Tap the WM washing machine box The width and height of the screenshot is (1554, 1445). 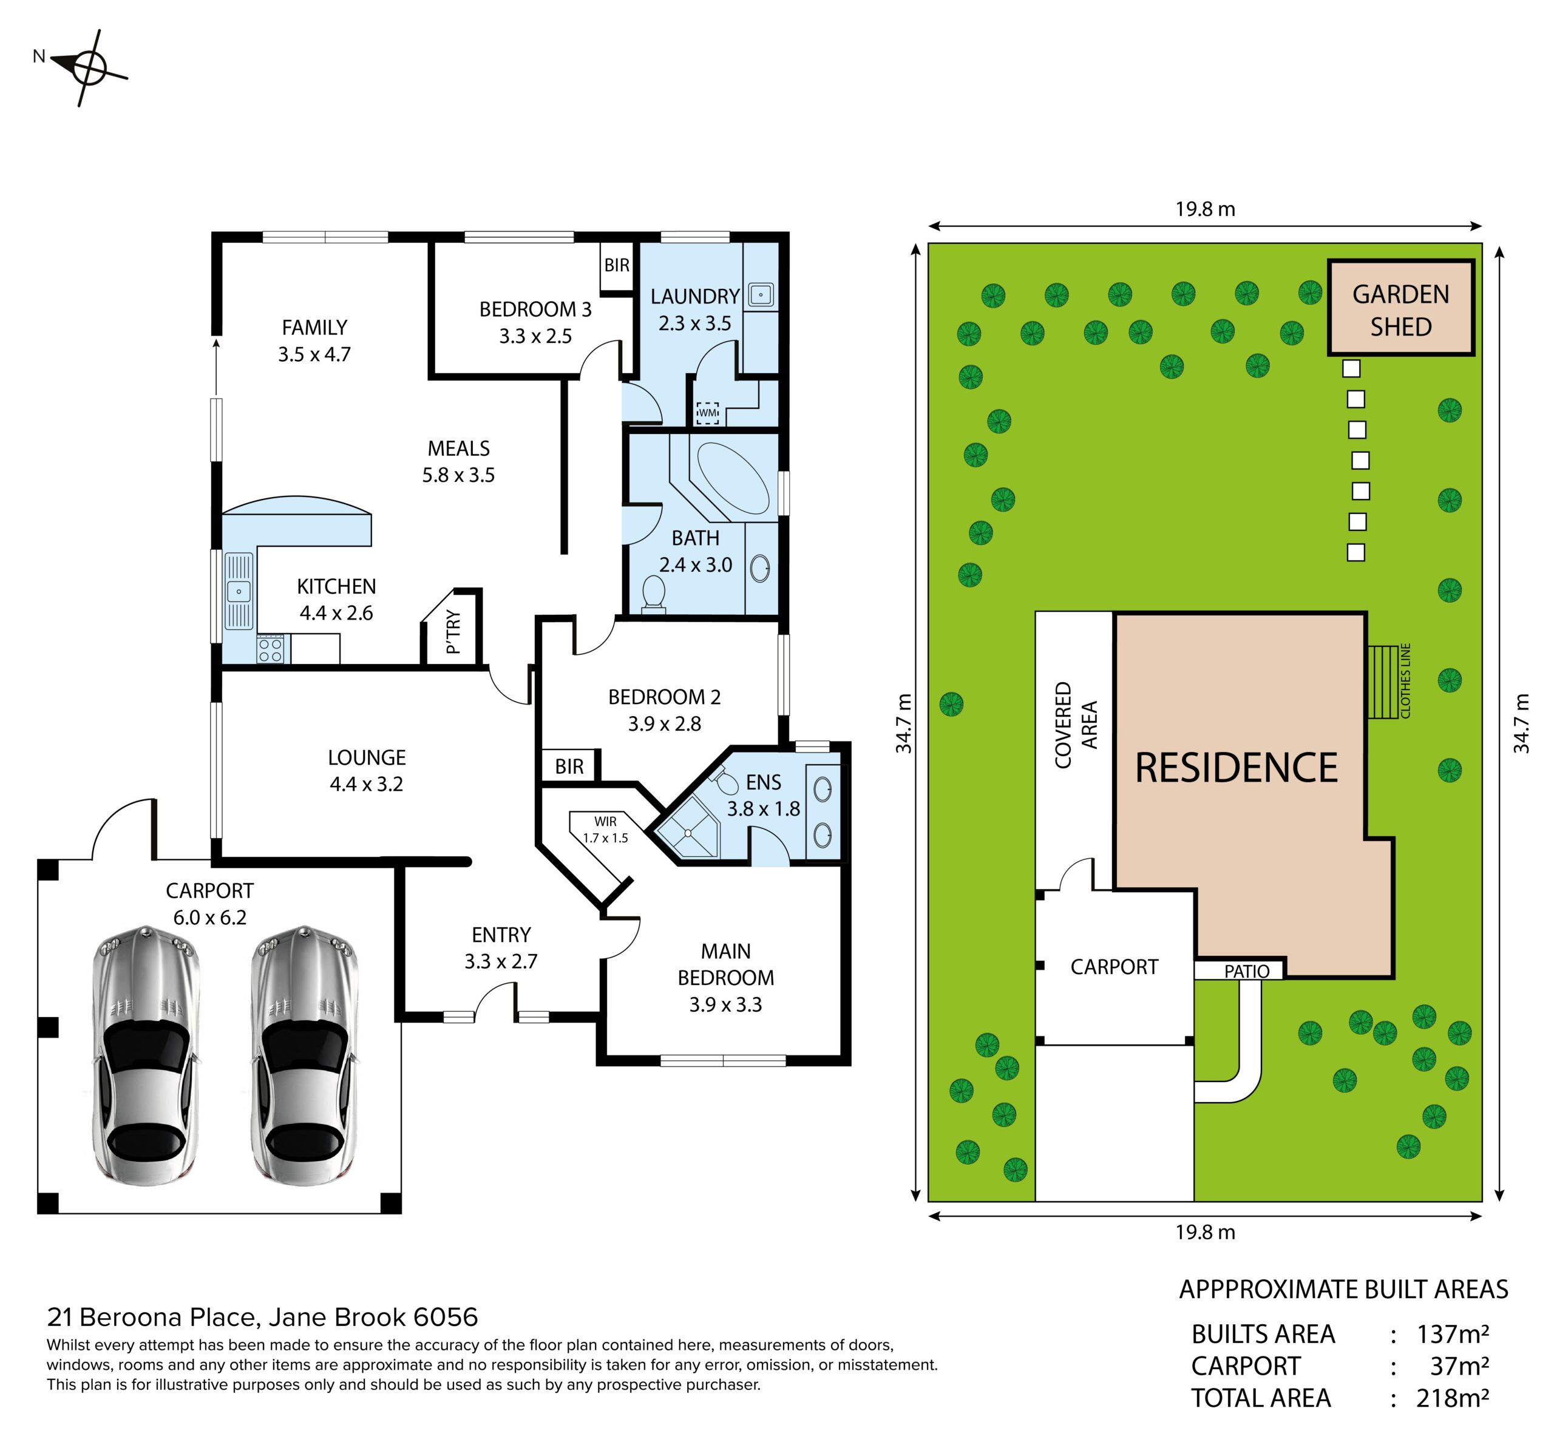click(x=707, y=412)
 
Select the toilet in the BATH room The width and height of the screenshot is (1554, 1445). click(x=653, y=594)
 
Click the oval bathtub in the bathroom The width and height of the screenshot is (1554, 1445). click(x=733, y=478)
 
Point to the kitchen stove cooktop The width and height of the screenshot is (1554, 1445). click(x=271, y=649)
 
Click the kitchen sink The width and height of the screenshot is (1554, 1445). click(x=239, y=591)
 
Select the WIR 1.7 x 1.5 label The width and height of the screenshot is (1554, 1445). click(x=605, y=829)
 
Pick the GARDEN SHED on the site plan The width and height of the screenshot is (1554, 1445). click(x=1401, y=308)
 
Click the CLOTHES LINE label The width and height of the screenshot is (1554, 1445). click(x=1405, y=680)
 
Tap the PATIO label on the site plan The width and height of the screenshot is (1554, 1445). click(x=1247, y=970)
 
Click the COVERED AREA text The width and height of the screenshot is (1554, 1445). click(x=1076, y=725)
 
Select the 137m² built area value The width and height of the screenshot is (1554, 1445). click(x=1453, y=1333)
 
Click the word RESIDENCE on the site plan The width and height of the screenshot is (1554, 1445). click(x=1236, y=768)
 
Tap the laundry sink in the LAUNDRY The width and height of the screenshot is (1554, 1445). click(x=761, y=294)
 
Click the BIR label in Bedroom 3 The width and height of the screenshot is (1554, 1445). click(x=616, y=265)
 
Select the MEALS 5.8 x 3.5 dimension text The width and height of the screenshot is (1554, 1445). click(x=458, y=462)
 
